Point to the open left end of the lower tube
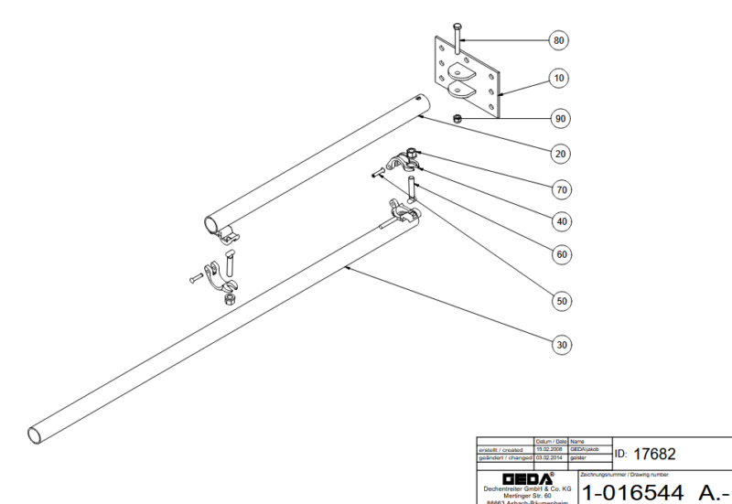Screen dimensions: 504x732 (35, 432)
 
